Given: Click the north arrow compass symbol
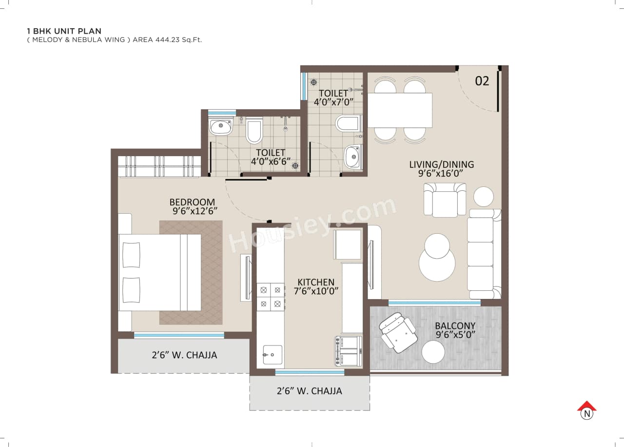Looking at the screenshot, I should click(x=587, y=410).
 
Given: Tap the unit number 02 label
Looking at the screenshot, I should click(x=482, y=81).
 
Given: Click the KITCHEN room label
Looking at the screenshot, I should click(x=316, y=282).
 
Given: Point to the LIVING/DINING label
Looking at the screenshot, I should click(x=441, y=164).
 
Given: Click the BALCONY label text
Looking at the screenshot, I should click(x=455, y=325).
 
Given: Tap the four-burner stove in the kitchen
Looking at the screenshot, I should click(x=271, y=297).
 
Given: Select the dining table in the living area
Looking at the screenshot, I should click(x=400, y=110).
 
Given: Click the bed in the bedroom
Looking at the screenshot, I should click(x=160, y=272).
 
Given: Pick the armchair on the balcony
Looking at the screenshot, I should click(x=398, y=332).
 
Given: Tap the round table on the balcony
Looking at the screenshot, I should click(x=433, y=352).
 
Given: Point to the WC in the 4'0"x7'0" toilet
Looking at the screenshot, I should click(x=348, y=123).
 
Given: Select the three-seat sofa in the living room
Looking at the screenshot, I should click(x=483, y=254).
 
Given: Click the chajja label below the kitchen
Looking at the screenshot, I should click(x=309, y=391).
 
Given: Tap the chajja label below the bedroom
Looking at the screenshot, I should click(x=184, y=355).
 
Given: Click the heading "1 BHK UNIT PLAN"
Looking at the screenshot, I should click(x=64, y=31).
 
